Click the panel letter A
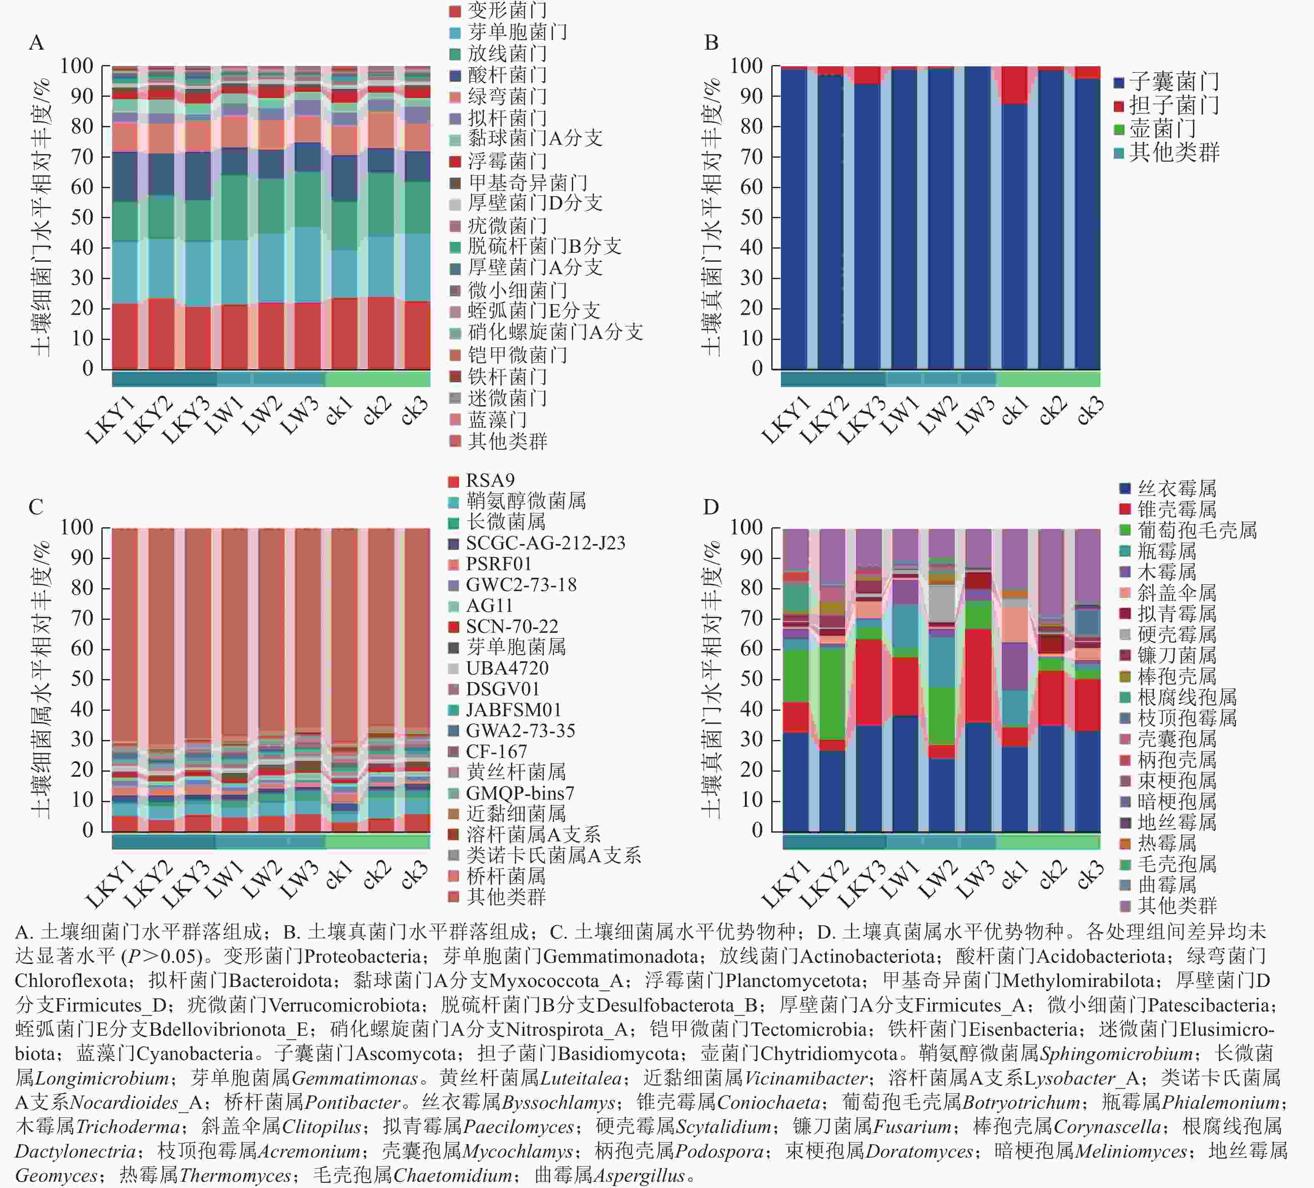[x=37, y=43]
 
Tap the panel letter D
[x=711, y=507]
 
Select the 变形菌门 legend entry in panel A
[x=498, y=10]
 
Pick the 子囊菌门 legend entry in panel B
[x=1167, y=82]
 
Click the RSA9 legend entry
[x=482, y=481]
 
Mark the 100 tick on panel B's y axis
[x=746, y=66]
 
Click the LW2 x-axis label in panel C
[x=263, y=875]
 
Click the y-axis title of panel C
[x=40, y=679]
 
